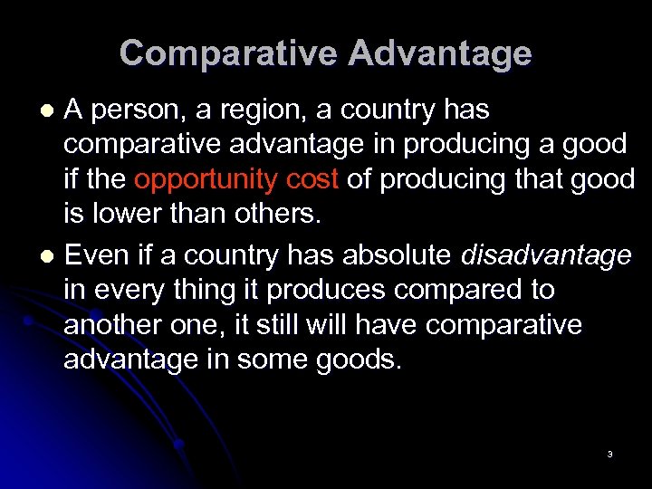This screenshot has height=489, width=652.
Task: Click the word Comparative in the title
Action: coord(228,53)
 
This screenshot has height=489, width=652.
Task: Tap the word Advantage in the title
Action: coord(440,53)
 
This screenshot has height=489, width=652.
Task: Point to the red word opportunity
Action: coord(205,180)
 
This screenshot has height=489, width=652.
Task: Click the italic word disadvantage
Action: coord(546,256)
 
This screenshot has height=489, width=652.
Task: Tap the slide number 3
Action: coord(609,454)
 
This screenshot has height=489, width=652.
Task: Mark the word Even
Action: coord(96,256)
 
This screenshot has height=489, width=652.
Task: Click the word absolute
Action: coord(396,256)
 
